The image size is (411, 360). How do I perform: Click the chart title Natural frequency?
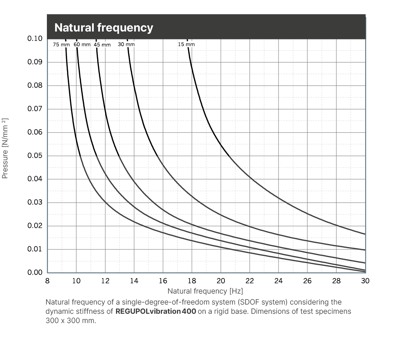click(104, 27)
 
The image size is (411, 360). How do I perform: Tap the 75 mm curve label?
click(61, 45)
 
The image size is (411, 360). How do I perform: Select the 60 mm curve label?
click(82, 45)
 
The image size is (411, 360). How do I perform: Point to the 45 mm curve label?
click(102, 45)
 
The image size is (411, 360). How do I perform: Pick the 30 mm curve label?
click(126, 44)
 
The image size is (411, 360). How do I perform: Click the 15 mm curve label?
click(186, 44)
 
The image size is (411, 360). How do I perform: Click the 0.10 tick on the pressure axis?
click(35, 38)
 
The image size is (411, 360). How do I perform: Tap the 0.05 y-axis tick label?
click(35, 156)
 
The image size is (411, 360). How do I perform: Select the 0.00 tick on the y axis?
click(35, 273)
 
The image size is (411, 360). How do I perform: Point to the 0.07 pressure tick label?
click(35, 109)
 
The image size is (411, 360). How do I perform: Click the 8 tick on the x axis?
click(47, 281)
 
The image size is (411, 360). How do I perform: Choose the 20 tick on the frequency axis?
click(221, 281)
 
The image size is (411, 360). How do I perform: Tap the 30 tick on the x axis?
click(365, 281)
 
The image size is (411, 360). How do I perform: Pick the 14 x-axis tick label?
click(134, 281)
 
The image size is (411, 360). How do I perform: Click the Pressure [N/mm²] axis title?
click(5, 148)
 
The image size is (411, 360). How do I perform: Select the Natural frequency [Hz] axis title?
click(205, 291)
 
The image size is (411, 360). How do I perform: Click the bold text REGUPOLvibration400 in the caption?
click(156, 312)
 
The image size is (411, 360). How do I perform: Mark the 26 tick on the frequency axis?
click(307, 281)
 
